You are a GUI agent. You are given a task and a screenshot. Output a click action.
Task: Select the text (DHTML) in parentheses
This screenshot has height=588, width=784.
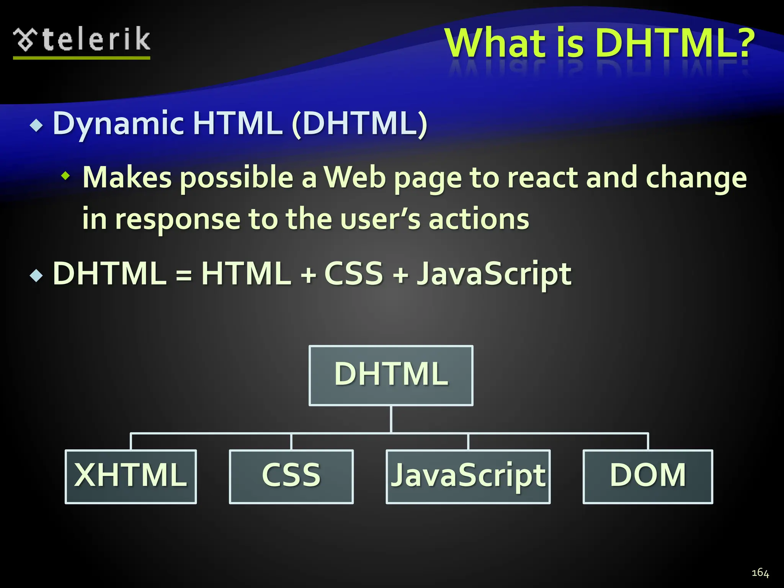coord(359,123)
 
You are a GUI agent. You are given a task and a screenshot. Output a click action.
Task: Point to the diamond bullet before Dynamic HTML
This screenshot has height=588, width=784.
coord(36,126)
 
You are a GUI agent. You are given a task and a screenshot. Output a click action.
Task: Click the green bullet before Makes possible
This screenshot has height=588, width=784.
coord(66,176)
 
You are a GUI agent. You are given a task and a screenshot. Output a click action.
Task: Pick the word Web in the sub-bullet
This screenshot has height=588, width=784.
coord(354,178)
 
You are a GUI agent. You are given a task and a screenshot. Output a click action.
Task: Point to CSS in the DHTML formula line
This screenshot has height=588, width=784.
coord(353,273)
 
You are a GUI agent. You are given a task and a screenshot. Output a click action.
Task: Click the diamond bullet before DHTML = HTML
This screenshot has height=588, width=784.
coord(36,275)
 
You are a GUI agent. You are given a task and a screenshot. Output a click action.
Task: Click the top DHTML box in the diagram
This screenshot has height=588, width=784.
coord(391,375)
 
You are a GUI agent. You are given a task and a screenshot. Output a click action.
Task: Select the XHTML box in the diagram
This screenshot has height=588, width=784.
coord(131,476)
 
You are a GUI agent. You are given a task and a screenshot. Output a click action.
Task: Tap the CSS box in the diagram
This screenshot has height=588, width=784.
coord(291,476)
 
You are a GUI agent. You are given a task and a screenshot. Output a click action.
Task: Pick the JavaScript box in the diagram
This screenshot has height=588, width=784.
coord(468,476)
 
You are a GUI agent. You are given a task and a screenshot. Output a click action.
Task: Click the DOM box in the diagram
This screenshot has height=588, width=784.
coord(648,476)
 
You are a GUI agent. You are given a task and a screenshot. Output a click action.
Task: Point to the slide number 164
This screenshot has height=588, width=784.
coord(760,573)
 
